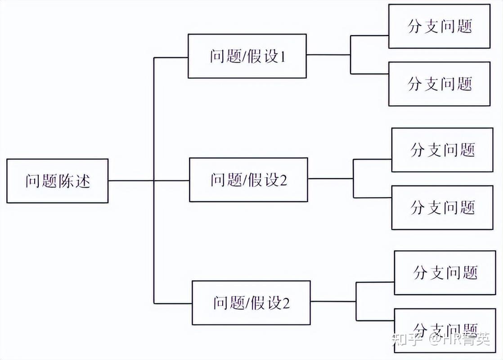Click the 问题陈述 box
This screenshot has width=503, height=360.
(57, 181)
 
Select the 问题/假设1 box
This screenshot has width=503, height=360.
(247, 56)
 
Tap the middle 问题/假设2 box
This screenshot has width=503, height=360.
(248, 180)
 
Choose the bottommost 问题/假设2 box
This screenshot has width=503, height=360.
(251, 302)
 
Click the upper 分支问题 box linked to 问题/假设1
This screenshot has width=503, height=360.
(439, 26)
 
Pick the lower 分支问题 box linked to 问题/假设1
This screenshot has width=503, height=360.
(439, 84)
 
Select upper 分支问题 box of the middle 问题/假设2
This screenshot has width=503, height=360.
(442, 150)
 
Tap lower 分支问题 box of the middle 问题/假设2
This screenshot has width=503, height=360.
(442, 207)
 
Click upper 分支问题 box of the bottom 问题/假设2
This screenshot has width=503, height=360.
(445, 273)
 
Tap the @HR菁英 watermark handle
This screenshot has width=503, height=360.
(459, 339)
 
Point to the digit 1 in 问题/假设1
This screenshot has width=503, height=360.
(283, 57)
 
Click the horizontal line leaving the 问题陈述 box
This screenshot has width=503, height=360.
(130, 181)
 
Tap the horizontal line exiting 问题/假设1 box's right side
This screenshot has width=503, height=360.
(328, 55)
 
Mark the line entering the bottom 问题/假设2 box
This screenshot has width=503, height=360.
(173, 302)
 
